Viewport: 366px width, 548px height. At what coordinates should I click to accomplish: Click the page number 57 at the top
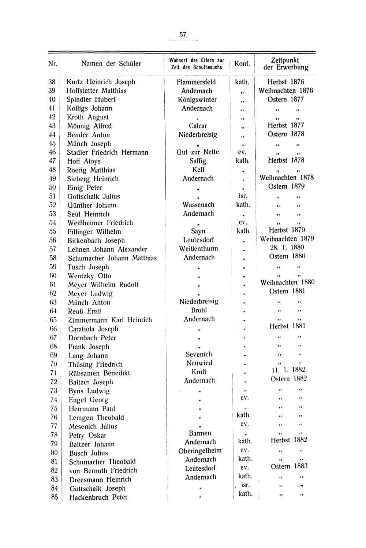tap(183, 35)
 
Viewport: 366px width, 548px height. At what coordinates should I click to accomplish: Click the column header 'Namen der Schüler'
tap(111, 64)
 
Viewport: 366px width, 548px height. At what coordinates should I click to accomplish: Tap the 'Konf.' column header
tap(242, 64)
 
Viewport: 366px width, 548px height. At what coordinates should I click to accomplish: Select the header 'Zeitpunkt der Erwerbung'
tap(285, 64)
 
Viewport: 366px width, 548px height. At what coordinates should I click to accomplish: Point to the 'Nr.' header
tap(53, 64)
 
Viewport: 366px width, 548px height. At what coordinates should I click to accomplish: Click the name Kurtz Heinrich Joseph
tap(101, 82)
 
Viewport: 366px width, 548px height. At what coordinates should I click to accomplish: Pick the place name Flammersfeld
tap(196, 82)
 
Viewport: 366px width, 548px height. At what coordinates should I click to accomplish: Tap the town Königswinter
tap(197, 100)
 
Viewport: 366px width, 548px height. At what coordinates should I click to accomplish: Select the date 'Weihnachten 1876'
tap(286, 90)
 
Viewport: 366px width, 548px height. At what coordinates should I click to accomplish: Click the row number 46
tap(52, 152)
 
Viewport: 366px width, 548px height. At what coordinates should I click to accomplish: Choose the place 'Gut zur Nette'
tap(198, 152)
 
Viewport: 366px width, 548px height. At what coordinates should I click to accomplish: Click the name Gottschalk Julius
tap(93, 196)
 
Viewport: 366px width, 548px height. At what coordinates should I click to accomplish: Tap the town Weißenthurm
tap(198, 249)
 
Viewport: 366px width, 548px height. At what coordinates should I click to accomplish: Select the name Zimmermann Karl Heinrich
tap(110, 320)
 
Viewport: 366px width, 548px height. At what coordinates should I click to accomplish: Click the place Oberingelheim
tap(200, 451)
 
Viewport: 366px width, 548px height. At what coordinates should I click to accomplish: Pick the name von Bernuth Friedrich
tap(103, 471)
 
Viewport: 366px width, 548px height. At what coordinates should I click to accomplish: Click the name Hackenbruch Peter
tap(98, 497)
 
